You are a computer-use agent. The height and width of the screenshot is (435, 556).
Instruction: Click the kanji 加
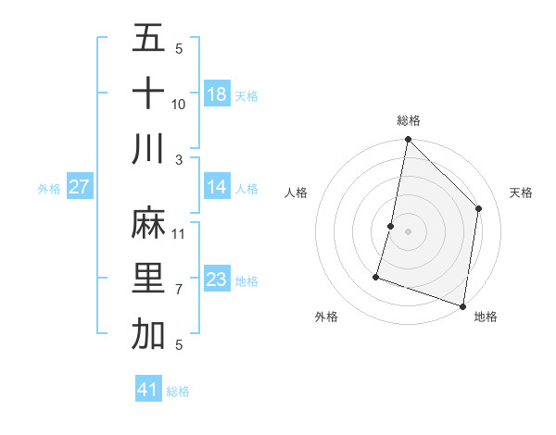coord(148,334)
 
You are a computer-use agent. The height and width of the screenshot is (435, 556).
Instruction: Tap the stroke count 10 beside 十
coord(179,106)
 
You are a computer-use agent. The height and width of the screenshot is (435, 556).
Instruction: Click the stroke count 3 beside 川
coord(179,160)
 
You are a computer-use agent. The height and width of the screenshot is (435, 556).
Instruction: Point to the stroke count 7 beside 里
coord(179,290)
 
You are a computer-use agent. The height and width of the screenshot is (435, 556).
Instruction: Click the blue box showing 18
coord(217,93)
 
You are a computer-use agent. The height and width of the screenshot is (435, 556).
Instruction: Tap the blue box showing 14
coord(217,187)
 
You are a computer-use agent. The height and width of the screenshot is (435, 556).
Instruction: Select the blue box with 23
coord(217,280)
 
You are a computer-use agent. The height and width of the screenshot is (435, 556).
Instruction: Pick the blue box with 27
coord(80,187)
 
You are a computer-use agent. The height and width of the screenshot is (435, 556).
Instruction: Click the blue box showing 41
coord(148,390)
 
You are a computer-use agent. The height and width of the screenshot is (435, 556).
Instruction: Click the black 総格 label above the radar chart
coord(409,121)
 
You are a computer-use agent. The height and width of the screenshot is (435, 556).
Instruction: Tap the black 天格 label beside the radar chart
coord(521,193)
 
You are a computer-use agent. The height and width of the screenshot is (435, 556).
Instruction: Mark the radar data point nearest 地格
coord(462,305)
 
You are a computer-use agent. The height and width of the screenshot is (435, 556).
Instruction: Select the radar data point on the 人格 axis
coord(391,226)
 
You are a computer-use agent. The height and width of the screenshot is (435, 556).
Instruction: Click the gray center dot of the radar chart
coord(408,231)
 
